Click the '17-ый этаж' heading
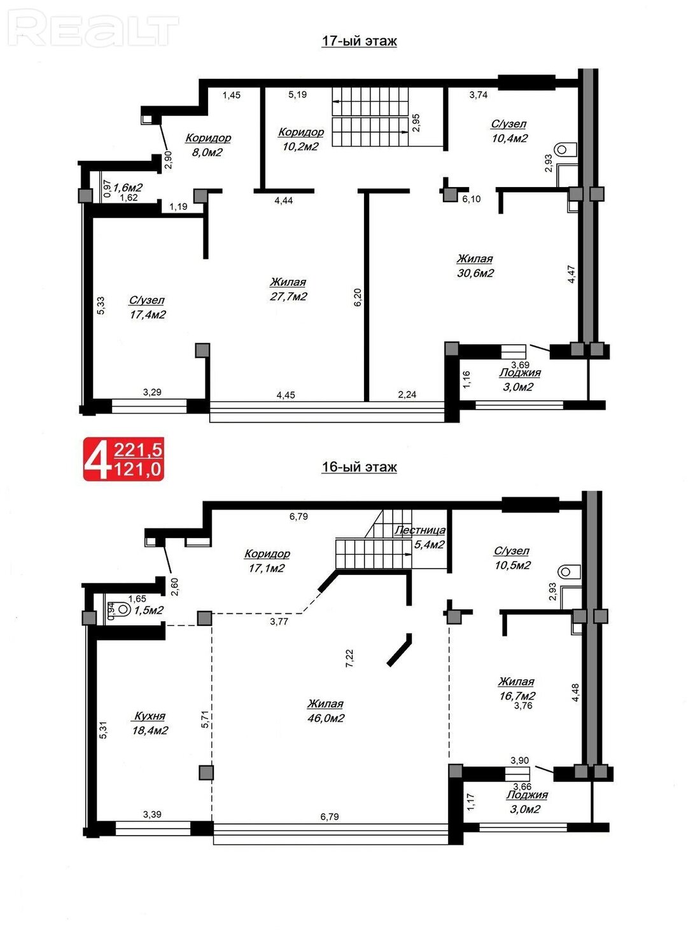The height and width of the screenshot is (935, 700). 359,41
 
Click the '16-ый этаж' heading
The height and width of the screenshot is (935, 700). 359,467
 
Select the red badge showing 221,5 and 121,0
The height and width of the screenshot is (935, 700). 123,459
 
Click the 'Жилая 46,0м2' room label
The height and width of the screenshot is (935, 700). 326,711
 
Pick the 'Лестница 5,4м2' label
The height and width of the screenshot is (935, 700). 420,537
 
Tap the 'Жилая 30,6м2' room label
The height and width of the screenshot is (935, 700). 475,266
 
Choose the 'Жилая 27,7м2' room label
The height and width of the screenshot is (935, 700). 288,289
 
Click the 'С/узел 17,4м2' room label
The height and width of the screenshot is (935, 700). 147,308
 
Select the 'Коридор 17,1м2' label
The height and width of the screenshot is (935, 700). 267,560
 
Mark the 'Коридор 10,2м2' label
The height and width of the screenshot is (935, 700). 301,139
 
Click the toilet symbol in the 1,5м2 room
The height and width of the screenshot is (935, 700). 122,609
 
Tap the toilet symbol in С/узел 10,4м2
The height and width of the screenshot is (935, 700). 565,149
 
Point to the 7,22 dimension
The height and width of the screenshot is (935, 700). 349,658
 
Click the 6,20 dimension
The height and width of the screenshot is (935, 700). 358,297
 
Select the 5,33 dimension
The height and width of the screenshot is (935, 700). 101,305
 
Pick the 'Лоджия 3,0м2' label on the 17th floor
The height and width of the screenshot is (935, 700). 519,380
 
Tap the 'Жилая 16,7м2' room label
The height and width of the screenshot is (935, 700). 516,689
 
